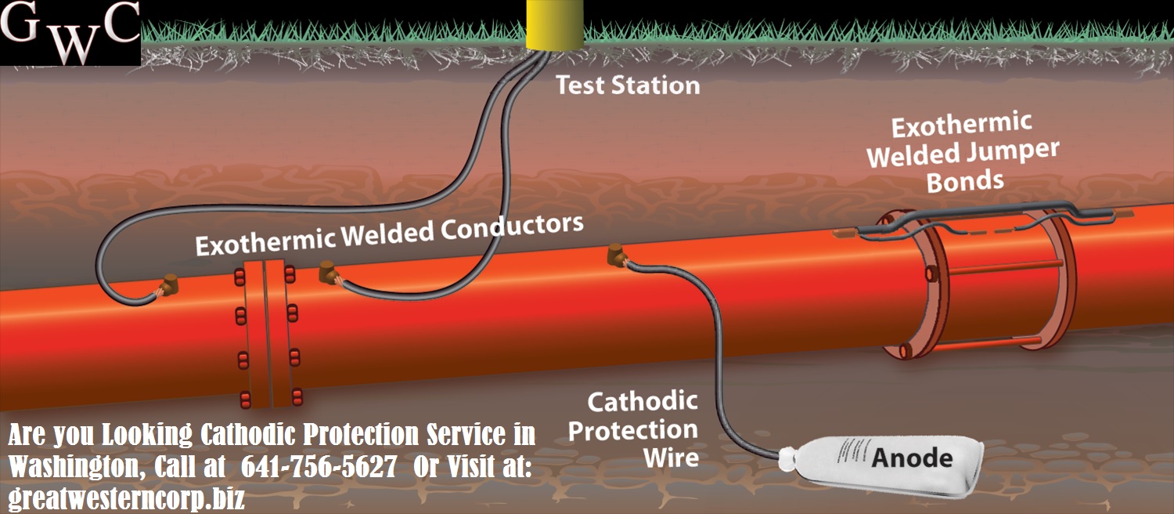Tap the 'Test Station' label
pos(628,85)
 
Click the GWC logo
pos(70,33)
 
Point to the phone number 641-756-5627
pos(319,467)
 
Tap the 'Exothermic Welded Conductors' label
pos(389,233)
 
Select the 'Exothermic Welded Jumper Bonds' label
pos(963,153)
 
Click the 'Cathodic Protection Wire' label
pos(632,429)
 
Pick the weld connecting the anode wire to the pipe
pos(618,255)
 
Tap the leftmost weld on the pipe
pos(168,285)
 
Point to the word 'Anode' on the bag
pos(912,457)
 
